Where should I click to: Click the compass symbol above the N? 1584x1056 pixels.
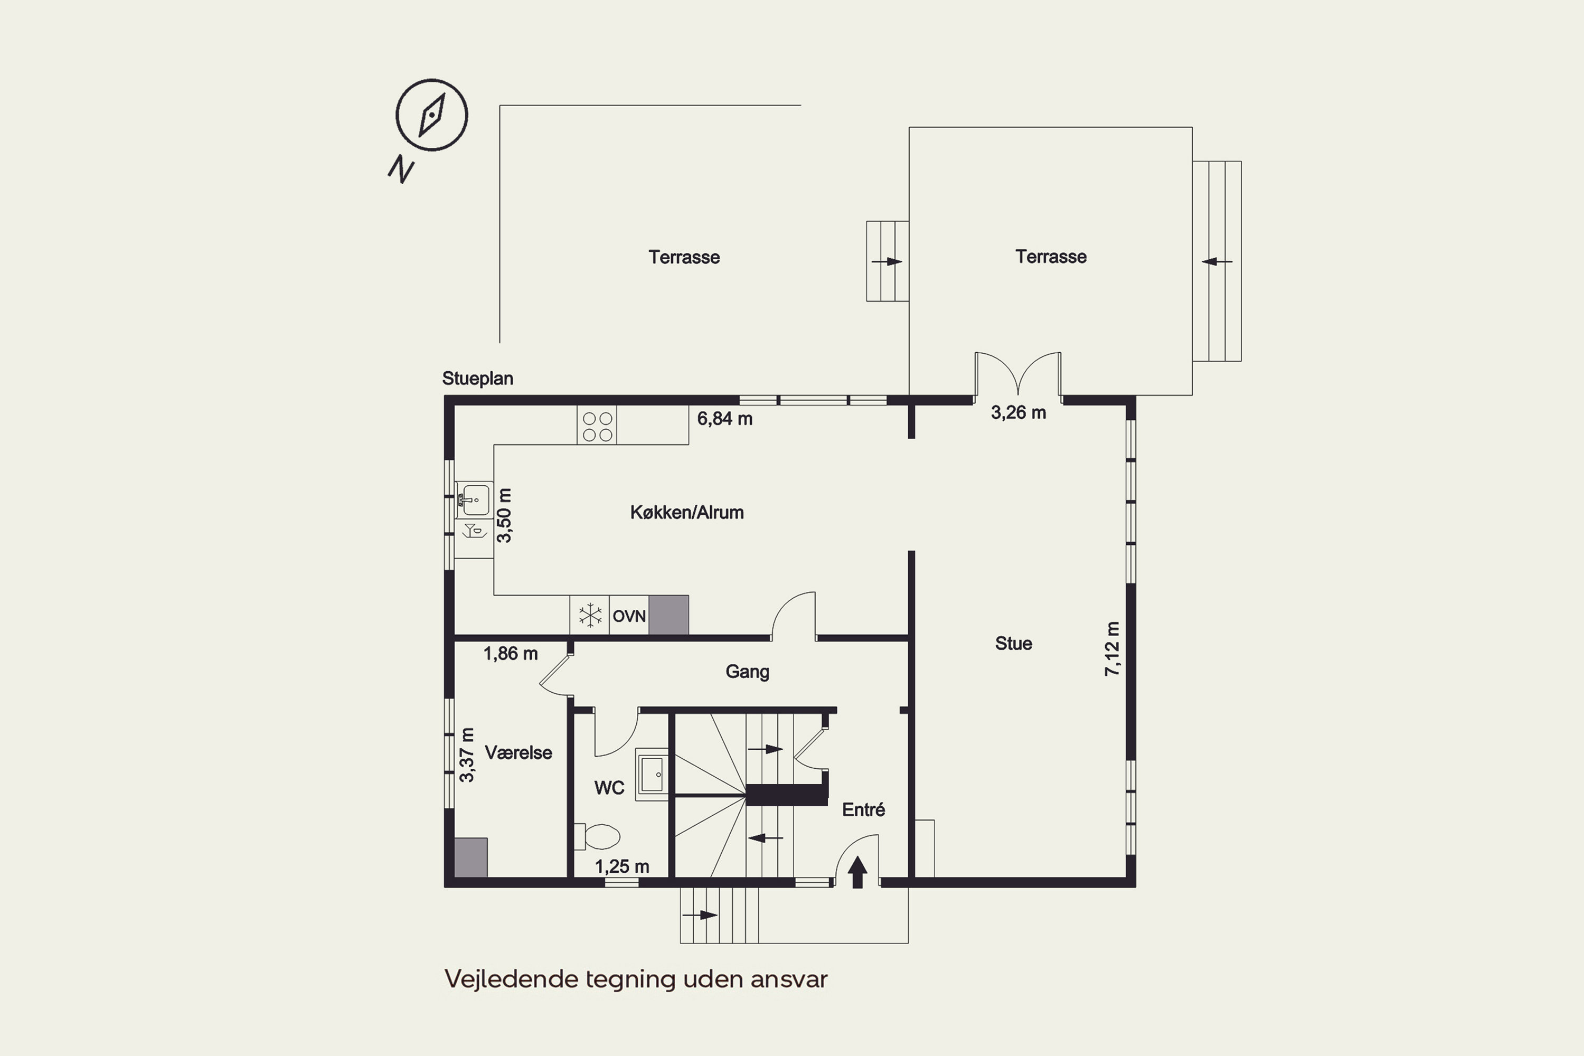point(432,115)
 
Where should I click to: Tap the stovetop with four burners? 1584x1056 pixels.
point(597,426)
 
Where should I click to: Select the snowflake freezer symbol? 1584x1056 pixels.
point(590,616)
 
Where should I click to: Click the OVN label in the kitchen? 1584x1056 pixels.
point(629,616)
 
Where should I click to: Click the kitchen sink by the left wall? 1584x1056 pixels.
point(474,499)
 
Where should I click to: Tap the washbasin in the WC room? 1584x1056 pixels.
point(652,774)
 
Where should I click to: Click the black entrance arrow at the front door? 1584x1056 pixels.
point(857,872)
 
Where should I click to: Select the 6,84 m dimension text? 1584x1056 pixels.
point(724,419)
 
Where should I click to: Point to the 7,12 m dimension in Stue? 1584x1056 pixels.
point(1112,648)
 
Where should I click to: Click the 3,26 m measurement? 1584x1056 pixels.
point(1019,413)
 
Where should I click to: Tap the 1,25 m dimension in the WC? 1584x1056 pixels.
point(621,867)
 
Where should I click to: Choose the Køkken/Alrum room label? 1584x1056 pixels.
point(687,513)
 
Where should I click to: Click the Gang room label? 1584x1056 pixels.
point(748,672)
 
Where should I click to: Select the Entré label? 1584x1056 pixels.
point(863,809)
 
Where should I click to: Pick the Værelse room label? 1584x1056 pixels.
point(518,753)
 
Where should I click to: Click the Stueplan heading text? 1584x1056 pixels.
point(477,379)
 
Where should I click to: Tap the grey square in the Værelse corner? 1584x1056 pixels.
point(471,857)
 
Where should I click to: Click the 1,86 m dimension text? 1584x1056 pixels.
point(511,654)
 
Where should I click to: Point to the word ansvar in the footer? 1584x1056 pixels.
point(789,979)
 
